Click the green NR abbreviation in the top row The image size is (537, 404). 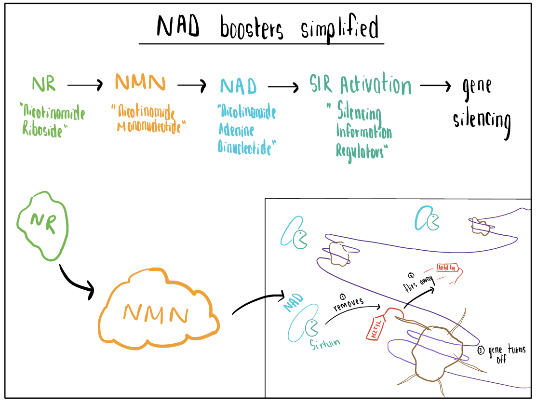coord(44,83)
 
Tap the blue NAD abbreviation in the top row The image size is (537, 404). coord(239,86)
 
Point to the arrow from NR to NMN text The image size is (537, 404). coord(85,86)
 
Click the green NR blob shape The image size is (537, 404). coord(42,225)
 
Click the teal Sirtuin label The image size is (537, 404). coord(325,343)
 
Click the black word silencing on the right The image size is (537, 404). coord(482,119)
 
